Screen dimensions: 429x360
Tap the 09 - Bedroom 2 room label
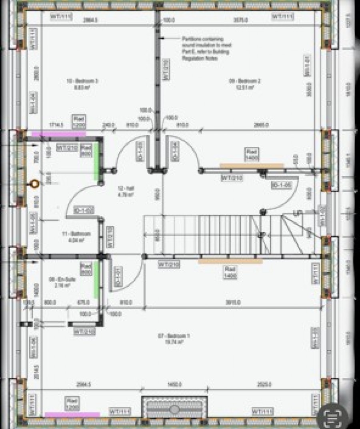click(245, 83)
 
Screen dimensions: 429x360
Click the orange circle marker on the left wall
click(34, 184)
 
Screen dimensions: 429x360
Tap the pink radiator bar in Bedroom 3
click(59, 134)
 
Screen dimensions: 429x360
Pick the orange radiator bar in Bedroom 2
click(252, 165)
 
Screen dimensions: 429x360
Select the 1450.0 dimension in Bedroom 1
click(174, 385)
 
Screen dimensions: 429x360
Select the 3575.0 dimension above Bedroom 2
click(240, 20)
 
